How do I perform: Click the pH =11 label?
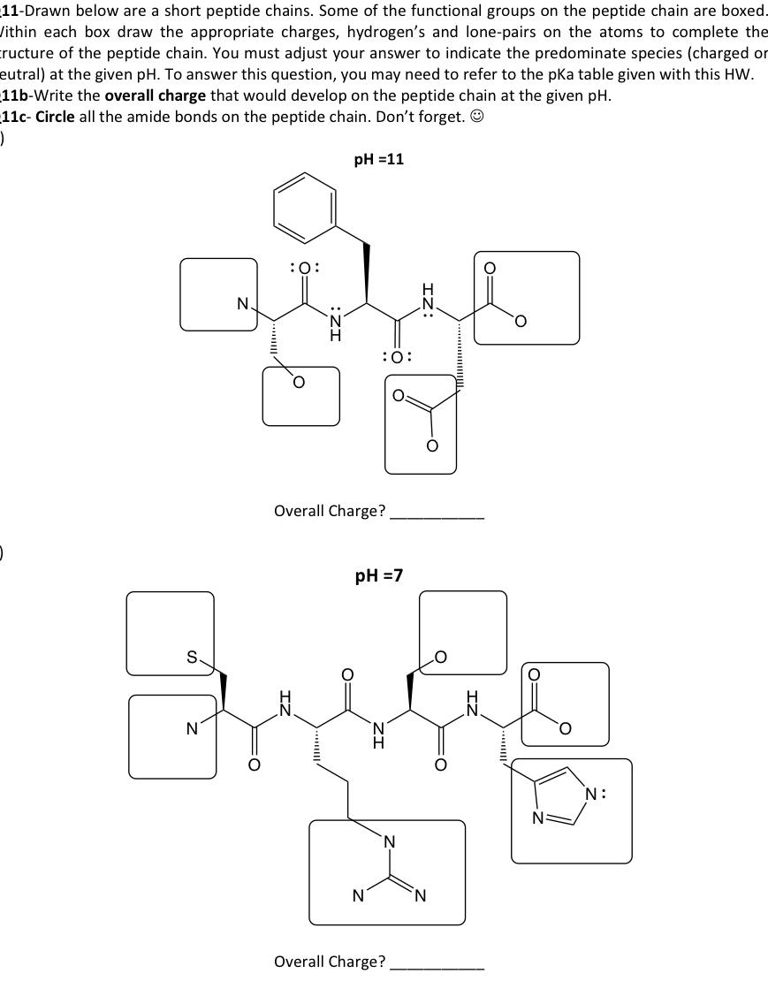[x=378, y=159]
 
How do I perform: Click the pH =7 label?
[x=378, y=575]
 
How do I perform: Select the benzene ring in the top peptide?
[x=306, y=206]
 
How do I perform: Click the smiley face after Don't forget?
[x=476, y=117]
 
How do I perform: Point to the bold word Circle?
[x=55, y=117]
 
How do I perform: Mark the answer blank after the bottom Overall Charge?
[x=437, y=962]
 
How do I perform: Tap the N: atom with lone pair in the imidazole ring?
[x=597, y=794]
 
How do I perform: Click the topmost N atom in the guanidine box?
[x=387, y=842]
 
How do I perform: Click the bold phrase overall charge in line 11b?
[x=156, y=95]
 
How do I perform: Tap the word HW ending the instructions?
[x=739, y=74]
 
